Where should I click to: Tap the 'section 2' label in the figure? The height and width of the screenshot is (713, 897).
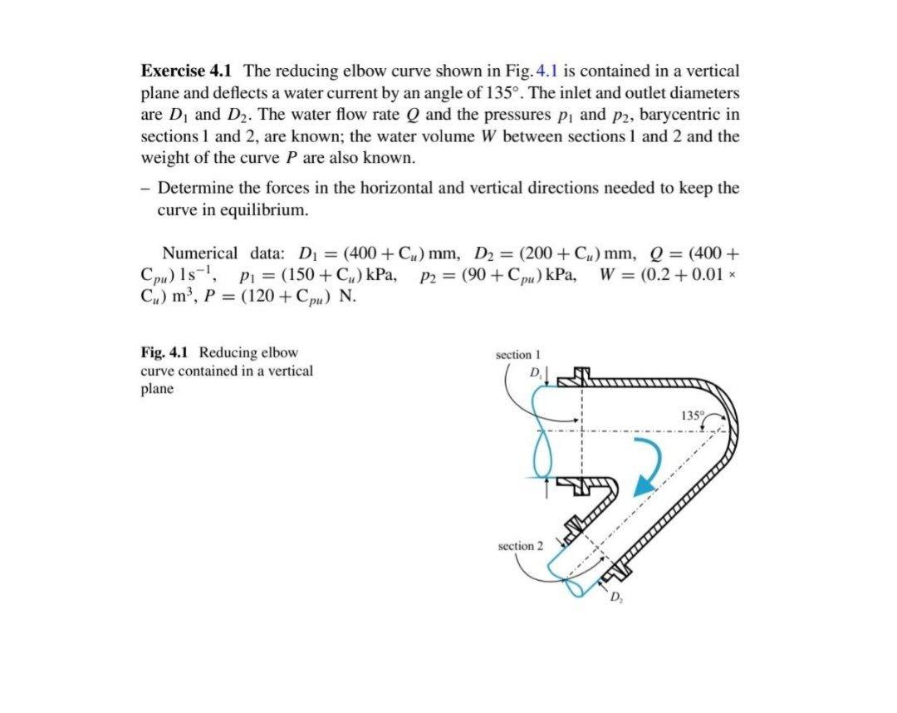pos(520,546)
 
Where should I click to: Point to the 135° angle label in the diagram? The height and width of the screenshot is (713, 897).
pos(691,415)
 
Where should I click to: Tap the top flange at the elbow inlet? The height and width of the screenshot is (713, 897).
pos(581,380)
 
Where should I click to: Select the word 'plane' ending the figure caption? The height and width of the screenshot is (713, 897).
pos(157,390)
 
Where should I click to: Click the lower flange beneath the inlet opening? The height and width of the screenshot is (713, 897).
pos(581,484)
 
